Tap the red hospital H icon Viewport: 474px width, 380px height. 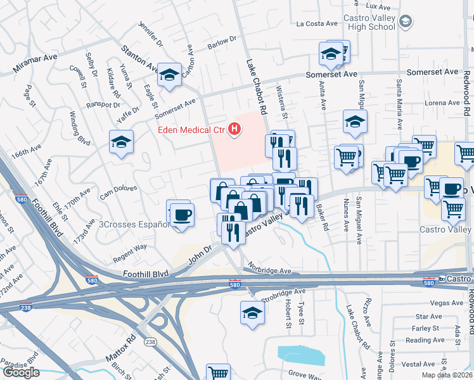tap(235, 130)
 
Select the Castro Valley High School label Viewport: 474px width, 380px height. tap(369, 22)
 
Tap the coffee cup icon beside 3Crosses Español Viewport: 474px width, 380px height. tap(181, 214)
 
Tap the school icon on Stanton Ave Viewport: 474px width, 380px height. tap(169, 75)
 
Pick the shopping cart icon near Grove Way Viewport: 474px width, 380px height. tap(218, 373)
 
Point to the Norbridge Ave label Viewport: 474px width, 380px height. tap(269, 270)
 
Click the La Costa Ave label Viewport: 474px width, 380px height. tap(317, 23)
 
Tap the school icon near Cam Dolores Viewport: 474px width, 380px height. tap(120, 142)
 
